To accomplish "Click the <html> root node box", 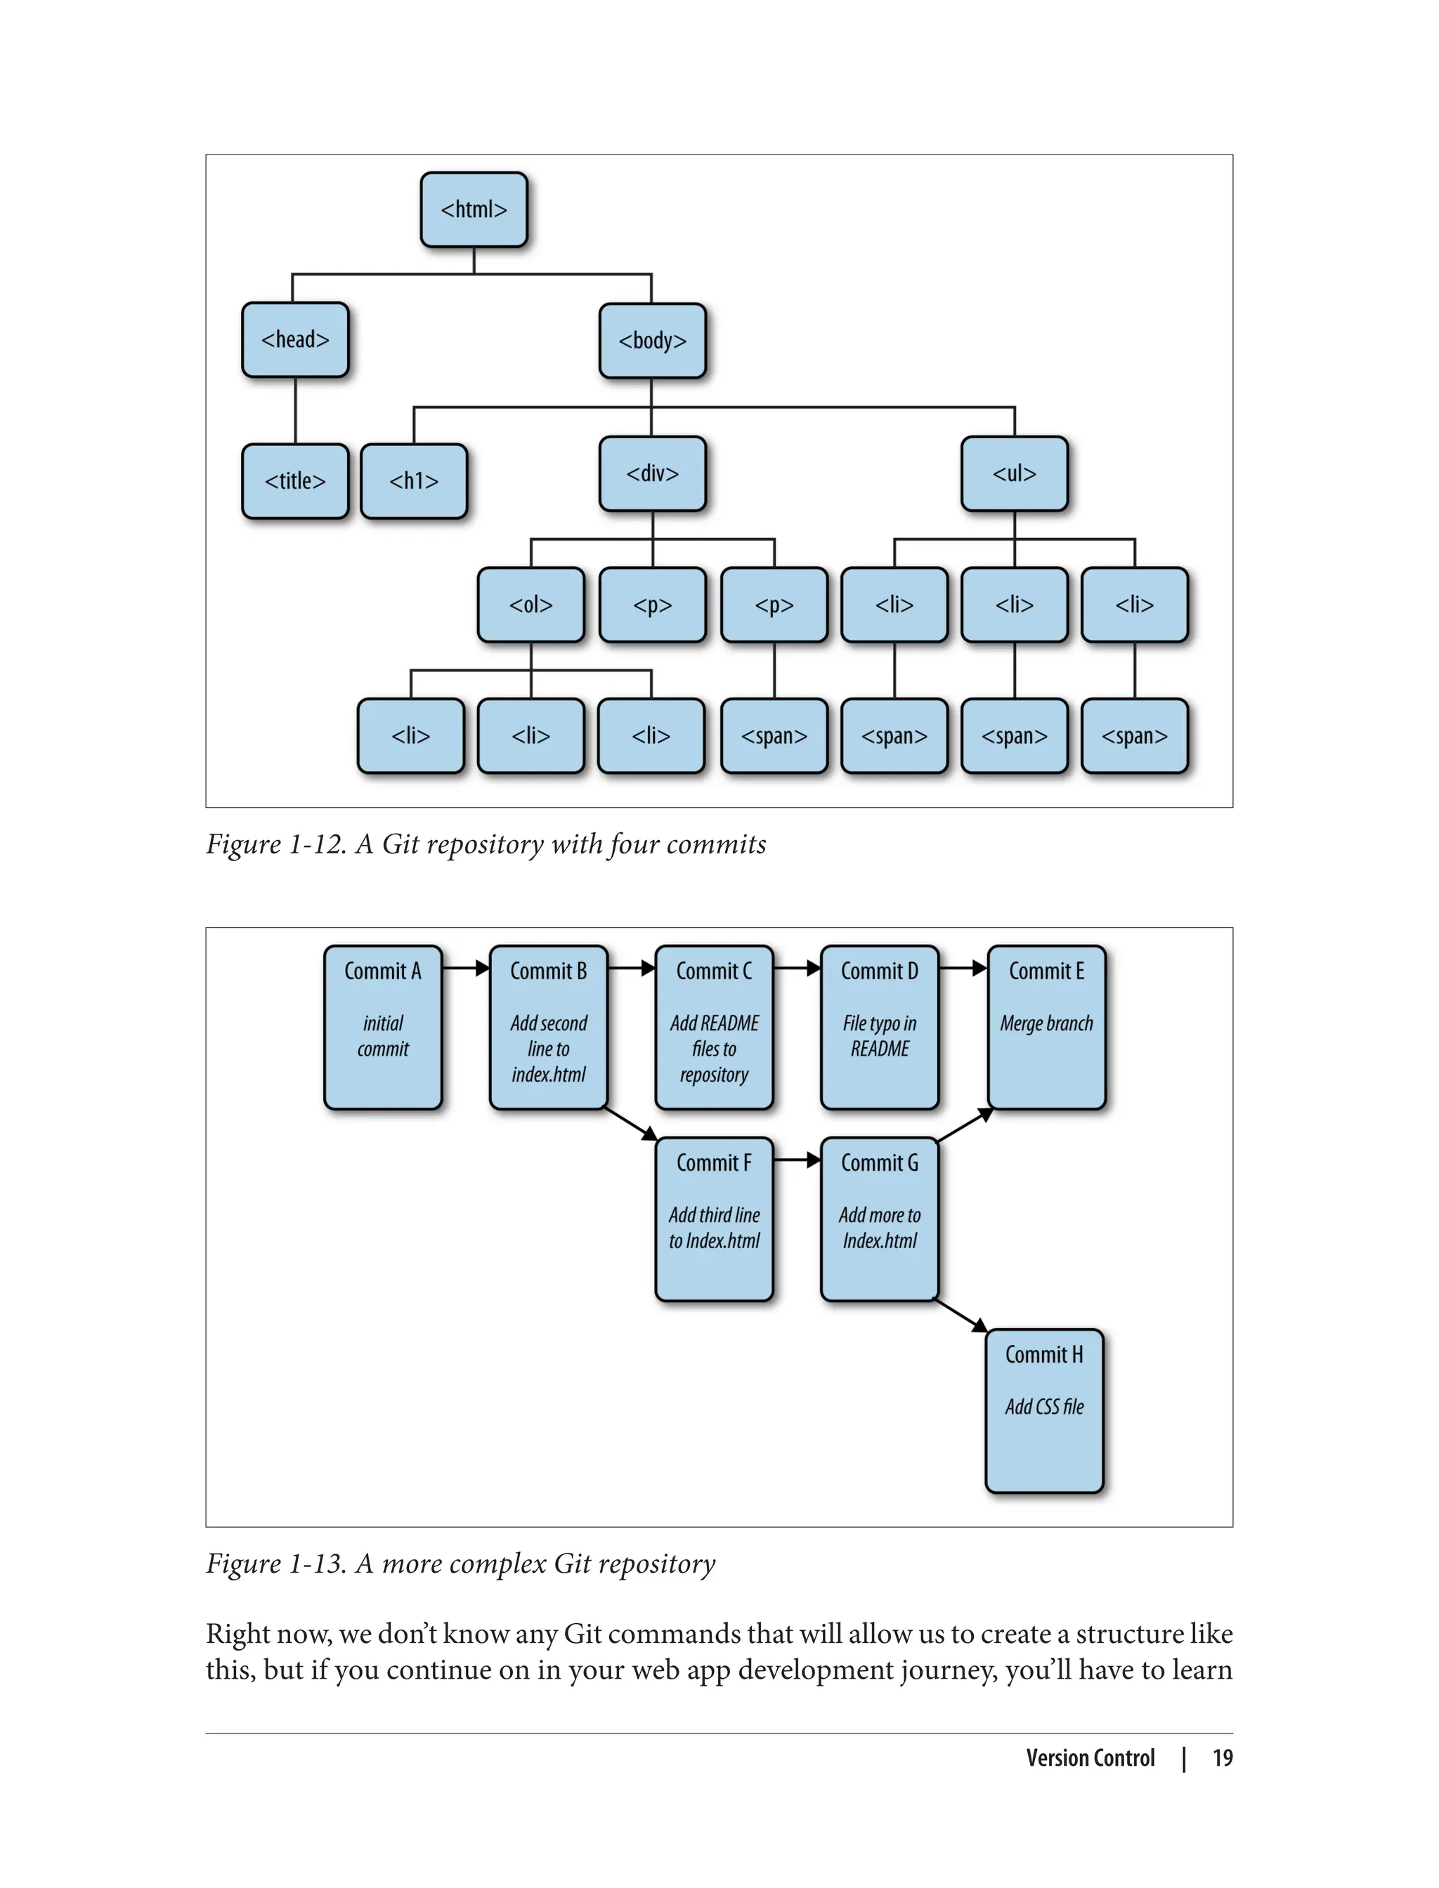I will click(x=474, y=210).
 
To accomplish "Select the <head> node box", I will click(x=296, y=340).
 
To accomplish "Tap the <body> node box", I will click(x=653, y=341).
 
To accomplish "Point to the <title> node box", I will click(x=296, y=481).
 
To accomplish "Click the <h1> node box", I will click(x=414, y=481).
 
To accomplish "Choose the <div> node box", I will click(x=653, y=474).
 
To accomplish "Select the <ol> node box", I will click(x=531, y=605).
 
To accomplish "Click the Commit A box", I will click(x=383, y=1027).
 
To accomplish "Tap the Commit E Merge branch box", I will click(x=1047, y=1027).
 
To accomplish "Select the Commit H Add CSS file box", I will click(x=1044, y=1410).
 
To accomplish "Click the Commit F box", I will click(x=715, y=1219).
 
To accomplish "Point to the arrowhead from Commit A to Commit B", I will click(x=482, y=969).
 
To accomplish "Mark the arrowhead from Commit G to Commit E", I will click(x=986, y=1114).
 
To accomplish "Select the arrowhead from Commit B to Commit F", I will click(x=649, y=1134).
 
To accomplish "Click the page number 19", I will click(x=1223, y=1758).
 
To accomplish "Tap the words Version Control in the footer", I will click(x=1090, y=1758).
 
